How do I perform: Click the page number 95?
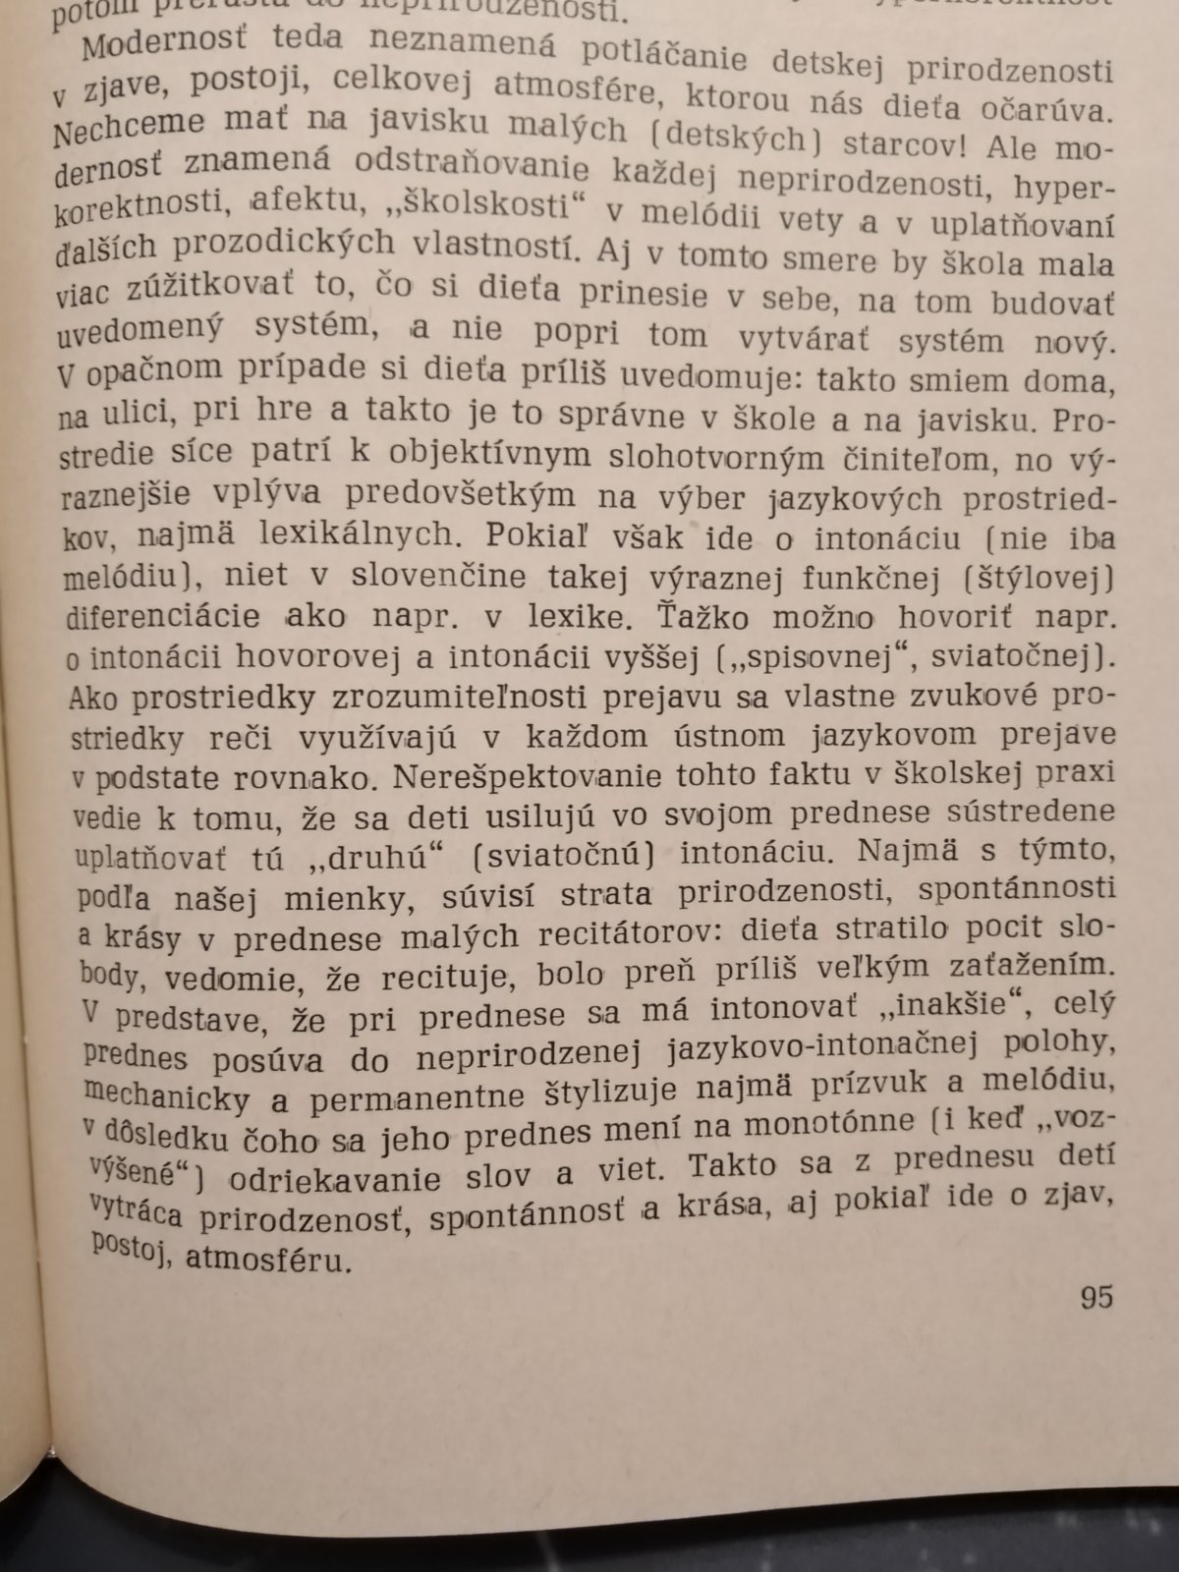(x=1095, y=1297)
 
